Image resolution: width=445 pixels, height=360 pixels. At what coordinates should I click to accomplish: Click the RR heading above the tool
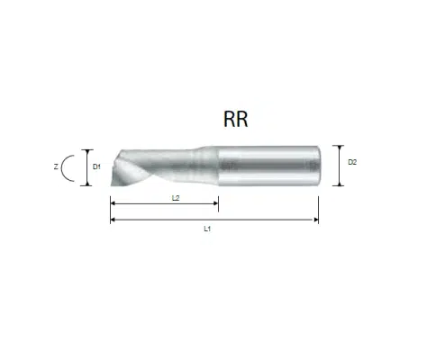[236, 120]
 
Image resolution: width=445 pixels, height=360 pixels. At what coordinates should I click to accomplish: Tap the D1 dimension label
[96, 166]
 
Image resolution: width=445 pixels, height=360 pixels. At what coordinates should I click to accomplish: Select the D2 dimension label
[352, 162]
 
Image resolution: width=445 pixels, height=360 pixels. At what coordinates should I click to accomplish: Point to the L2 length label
[176, 198]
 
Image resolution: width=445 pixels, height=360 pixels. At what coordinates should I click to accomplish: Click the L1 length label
[207, 229]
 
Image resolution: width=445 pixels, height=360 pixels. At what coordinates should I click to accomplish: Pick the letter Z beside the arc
[56, 166]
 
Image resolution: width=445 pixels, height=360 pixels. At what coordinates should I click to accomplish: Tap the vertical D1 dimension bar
[87, 167]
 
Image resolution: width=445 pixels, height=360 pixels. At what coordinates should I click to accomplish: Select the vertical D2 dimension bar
[340, 166]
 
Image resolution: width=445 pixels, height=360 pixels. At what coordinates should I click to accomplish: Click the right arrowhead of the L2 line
[216, 203]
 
